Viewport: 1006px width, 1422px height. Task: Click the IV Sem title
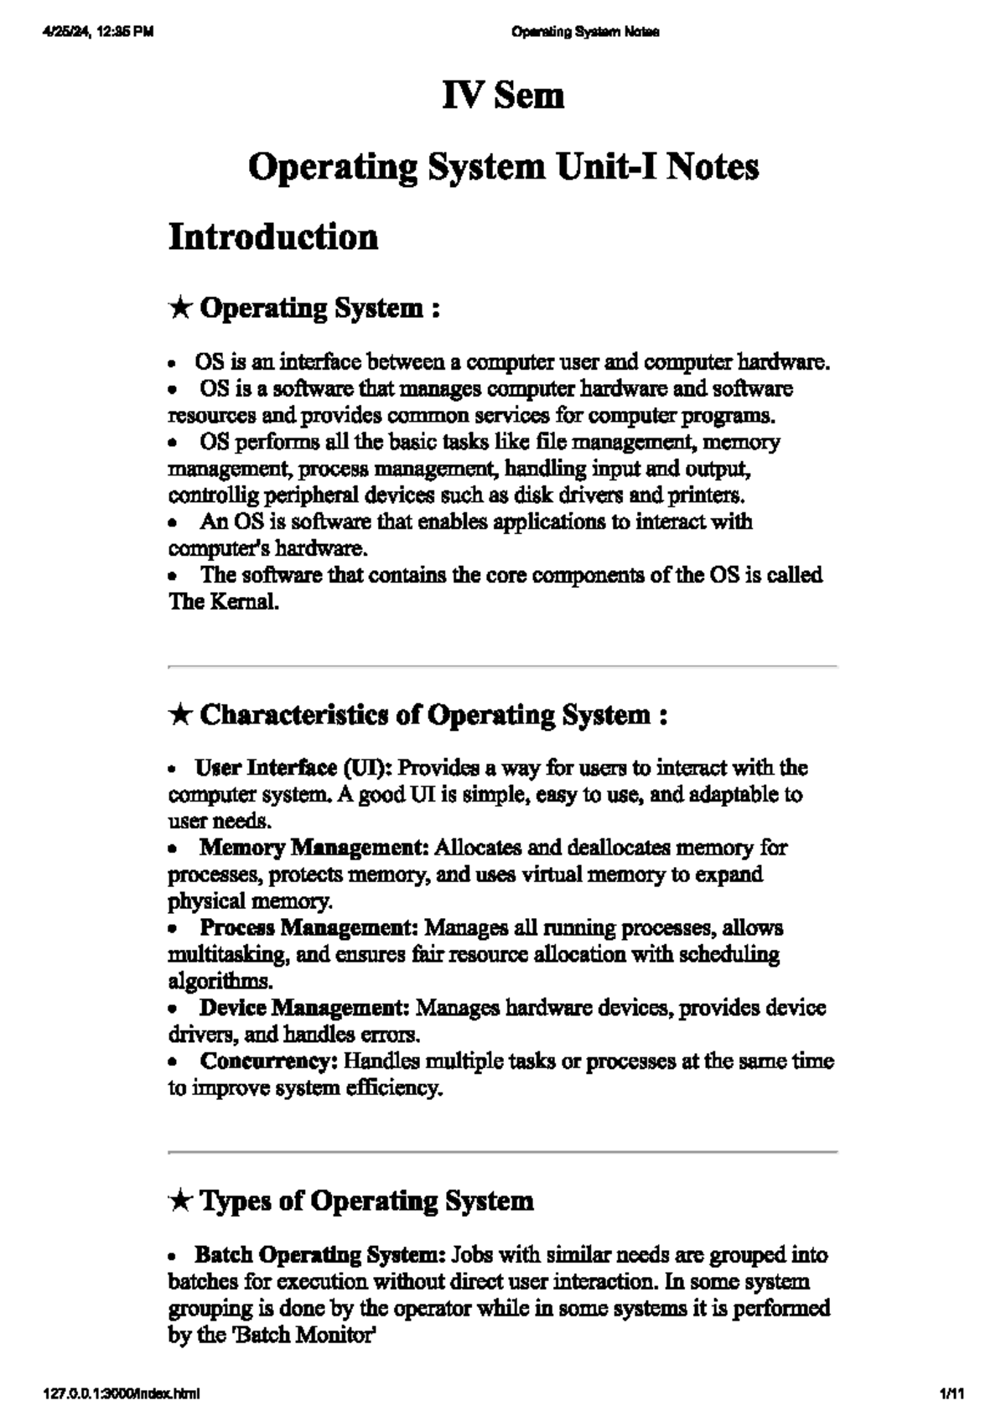click(503, 96)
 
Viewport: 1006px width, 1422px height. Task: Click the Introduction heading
click(273, 237)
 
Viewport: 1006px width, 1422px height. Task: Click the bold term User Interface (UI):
click(293, 768)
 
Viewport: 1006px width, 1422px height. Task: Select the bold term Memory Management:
click(314, 848)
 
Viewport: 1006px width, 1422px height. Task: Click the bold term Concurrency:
click(268, 1061)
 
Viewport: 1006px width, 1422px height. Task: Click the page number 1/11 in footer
click(953, 1395)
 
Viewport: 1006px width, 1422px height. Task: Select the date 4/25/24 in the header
click(64, 33)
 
